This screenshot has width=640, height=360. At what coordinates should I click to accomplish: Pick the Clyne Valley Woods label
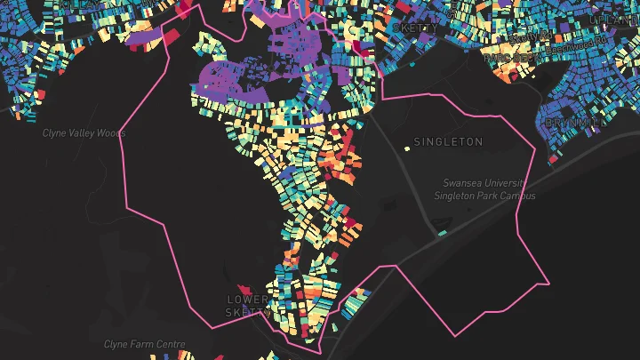84,133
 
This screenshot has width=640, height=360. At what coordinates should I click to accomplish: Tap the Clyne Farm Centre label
145,344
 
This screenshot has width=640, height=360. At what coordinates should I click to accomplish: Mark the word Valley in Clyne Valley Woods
82,133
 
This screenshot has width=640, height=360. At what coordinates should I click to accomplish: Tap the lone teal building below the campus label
442,233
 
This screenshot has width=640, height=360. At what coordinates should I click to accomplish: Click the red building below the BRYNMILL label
553,159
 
